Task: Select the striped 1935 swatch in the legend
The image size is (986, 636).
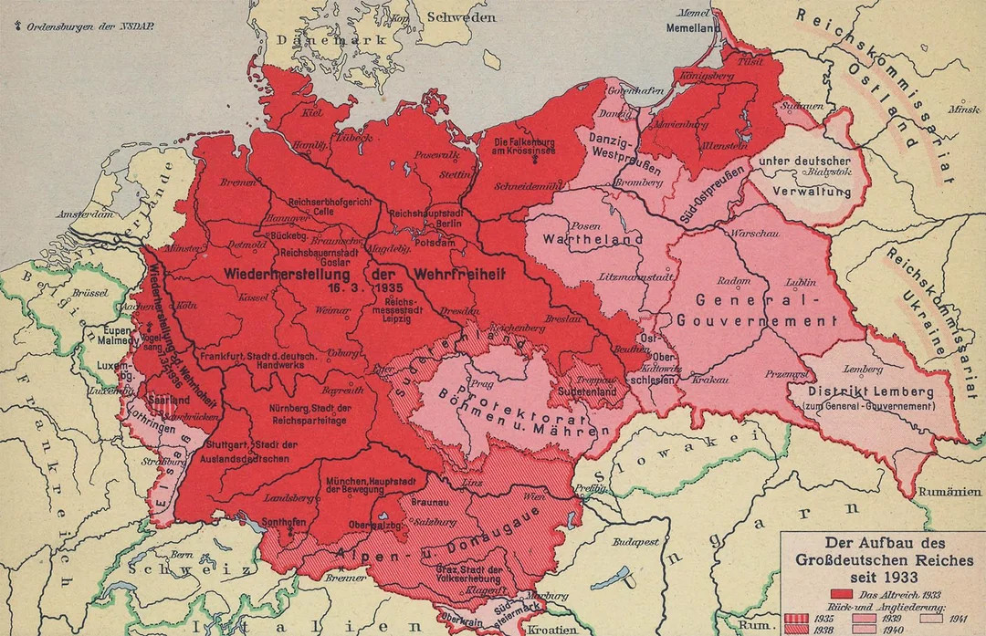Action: pos(796,618)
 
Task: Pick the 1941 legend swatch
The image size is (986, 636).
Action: pos(931,618)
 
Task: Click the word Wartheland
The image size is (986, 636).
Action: pos(582,239)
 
